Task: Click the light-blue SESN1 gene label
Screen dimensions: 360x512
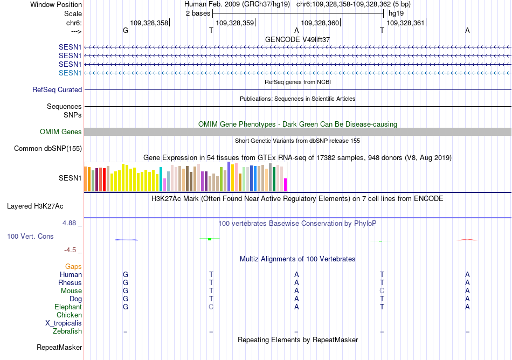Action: click(x=70, y=73)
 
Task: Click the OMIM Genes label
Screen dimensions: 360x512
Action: click(x=61, y=131)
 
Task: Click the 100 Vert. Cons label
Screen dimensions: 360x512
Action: click(x=30, y=236)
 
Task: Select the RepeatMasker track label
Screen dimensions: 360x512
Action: click(x=59, y=348)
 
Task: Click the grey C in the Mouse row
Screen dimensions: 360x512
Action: click(x=382, y=291)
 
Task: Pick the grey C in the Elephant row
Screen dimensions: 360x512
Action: click(x=211, y=307)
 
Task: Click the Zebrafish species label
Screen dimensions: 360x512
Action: click(x=67, y=331)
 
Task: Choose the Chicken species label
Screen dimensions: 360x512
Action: click(x=69, y=315)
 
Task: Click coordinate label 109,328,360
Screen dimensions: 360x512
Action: click(x=320, y=23)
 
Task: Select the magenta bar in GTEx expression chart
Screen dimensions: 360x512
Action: click(x=286, y=185)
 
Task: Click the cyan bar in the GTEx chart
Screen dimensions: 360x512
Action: click(x=161, y=179)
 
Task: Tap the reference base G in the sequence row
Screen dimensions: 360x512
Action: click(x=126, y=30)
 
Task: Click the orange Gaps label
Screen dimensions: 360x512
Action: click(x=73, y=267)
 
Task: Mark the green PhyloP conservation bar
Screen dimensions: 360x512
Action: click(x=210, y=239)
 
